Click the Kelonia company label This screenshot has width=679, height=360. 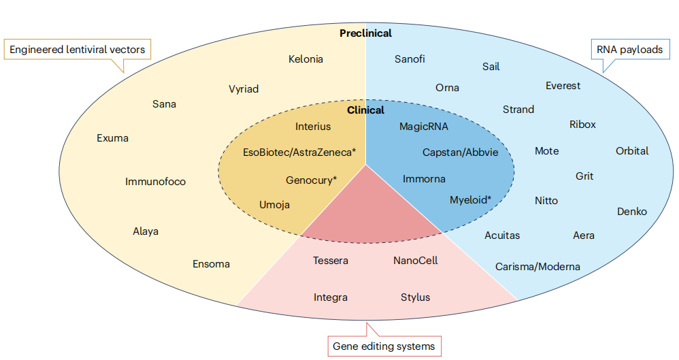[x=305, y=59]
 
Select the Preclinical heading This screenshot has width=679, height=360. [x=365, y=33]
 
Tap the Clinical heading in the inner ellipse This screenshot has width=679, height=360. [x=365, y=110]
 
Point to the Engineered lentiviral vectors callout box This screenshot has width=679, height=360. [x=78, y=50]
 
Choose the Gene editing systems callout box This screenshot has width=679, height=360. [x=384, y=346]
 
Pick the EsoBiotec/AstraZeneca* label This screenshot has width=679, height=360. [x=299, y=152]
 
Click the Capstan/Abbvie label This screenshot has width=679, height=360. [x=460, y=152]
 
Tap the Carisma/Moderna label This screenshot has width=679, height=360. [x=537, y=266]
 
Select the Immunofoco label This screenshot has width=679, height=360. [x=155, y=182]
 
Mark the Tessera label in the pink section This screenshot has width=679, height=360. [x=331, y=261]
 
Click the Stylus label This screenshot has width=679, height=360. [x=415, y=297]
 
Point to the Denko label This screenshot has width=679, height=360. [x=632, y=212]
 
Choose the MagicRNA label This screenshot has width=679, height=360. [x=424, y=127]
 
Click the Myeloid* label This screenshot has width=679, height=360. [x=470, y=200]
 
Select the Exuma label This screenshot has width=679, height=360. [x=112, y=138]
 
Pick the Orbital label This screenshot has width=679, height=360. [x=632, y=151]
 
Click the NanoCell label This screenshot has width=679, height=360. [x=415, y=261]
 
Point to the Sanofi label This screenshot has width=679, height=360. [x=410, y=59]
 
